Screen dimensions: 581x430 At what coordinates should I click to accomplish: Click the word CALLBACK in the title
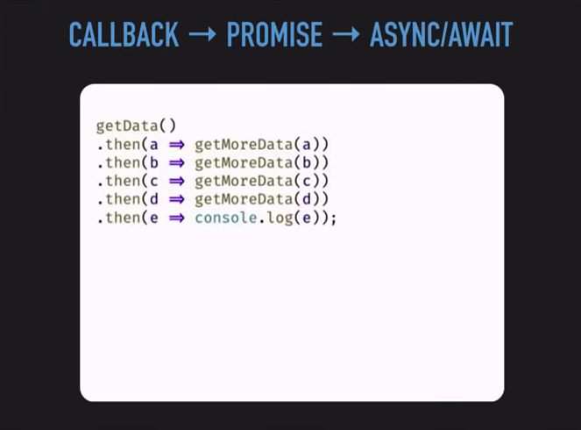[124, 34]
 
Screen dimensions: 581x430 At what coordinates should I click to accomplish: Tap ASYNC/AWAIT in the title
[441, 34]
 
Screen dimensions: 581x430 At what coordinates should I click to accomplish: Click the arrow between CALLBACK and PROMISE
[202, 35]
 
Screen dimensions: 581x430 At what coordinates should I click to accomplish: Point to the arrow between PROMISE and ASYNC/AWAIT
[345, 35]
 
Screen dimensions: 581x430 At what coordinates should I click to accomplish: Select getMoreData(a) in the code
[261, 144]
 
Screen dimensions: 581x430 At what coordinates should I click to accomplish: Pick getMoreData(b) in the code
[261, 162]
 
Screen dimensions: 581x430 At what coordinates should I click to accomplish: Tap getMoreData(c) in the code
[261, 181]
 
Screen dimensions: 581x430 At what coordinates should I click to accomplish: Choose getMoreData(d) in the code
[261, 198]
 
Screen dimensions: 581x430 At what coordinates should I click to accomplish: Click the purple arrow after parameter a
[176, 144]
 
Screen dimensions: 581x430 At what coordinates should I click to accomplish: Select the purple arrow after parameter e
[176, 217]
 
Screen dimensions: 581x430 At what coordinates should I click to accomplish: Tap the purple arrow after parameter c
[176, 181]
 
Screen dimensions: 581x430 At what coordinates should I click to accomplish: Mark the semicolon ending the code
[334, 218]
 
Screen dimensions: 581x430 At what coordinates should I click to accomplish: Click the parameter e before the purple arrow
[154, 217]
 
